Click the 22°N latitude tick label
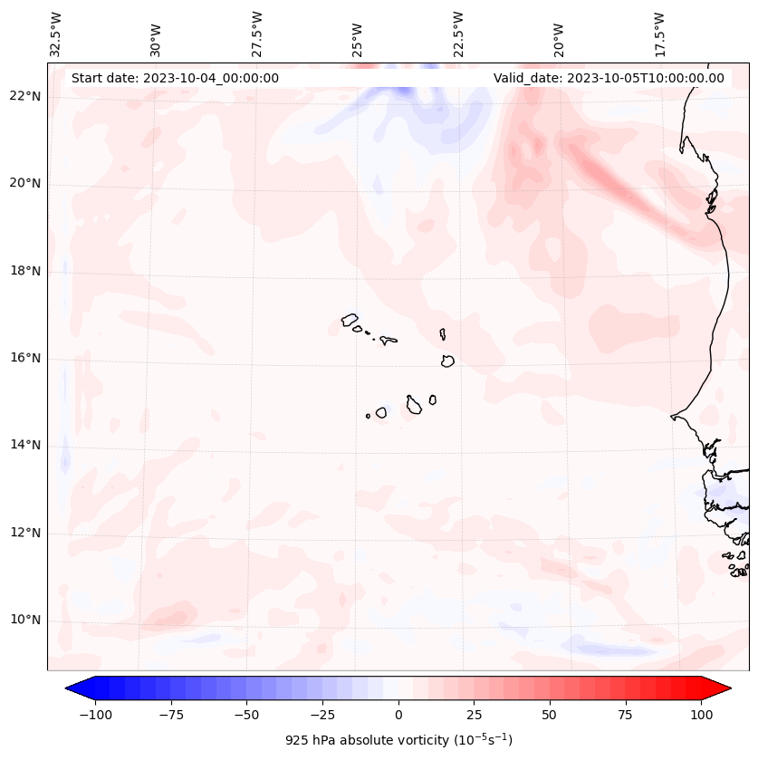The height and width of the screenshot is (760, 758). coord(24,97)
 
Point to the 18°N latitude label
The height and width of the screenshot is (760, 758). coord(24,271)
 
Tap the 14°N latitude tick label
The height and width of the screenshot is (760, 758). coord(24,445)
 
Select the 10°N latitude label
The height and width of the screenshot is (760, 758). coord(24,621)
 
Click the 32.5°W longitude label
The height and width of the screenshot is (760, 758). coord(56,34)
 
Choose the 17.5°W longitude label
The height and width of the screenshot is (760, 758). coord(659,34)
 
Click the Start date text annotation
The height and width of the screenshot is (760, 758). coord(175,78)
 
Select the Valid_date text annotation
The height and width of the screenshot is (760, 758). coord(609,78)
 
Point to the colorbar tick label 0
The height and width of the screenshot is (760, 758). coord(398,715)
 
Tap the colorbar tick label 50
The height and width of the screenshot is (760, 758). coord(549,715)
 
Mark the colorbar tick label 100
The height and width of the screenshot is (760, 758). coord(700,715)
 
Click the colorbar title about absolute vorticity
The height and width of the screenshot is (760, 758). coord(398,740)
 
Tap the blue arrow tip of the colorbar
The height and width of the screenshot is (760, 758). coord(71,688)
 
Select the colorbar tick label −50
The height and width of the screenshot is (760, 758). coord(247,715)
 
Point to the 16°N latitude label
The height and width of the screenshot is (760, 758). coord(24,358)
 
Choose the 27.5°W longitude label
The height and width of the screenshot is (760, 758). coord(257,34)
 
